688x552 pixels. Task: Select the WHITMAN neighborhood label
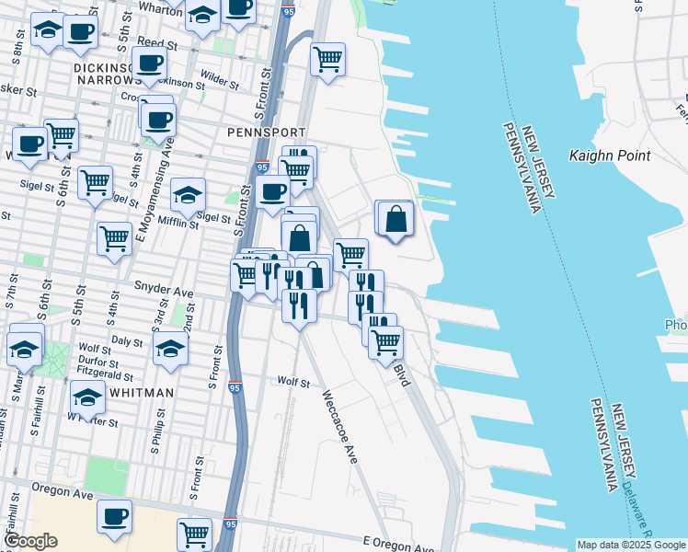pos(140,393)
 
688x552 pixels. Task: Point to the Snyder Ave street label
pos(164,287)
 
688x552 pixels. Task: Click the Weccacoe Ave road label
pos(337,427)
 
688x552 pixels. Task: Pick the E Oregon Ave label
pos(396,542)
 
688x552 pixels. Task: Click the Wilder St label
pos(220,81)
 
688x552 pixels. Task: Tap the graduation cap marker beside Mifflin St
pos(188,195)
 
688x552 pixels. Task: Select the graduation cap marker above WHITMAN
pos(87,397)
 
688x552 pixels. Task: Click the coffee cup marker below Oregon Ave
pos(114,517)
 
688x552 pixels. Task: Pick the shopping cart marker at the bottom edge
pos(195,533)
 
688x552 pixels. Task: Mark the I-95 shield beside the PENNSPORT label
pos(262,167)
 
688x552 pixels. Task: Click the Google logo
pos(30,541)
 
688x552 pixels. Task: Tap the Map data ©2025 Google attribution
pos(630,545)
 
